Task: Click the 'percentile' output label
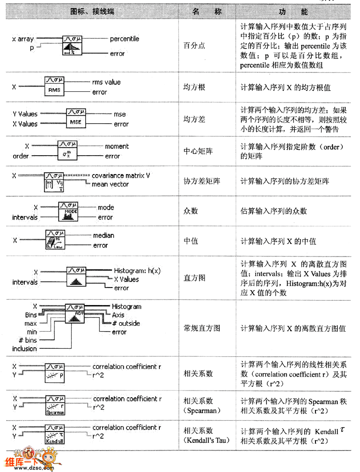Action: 125,39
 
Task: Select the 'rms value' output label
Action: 106,82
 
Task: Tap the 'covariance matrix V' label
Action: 121,175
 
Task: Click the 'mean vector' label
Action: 110,184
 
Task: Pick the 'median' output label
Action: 103,235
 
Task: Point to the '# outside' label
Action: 126,324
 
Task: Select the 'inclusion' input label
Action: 24,349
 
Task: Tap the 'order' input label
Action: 20,156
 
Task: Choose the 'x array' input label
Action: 22,39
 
